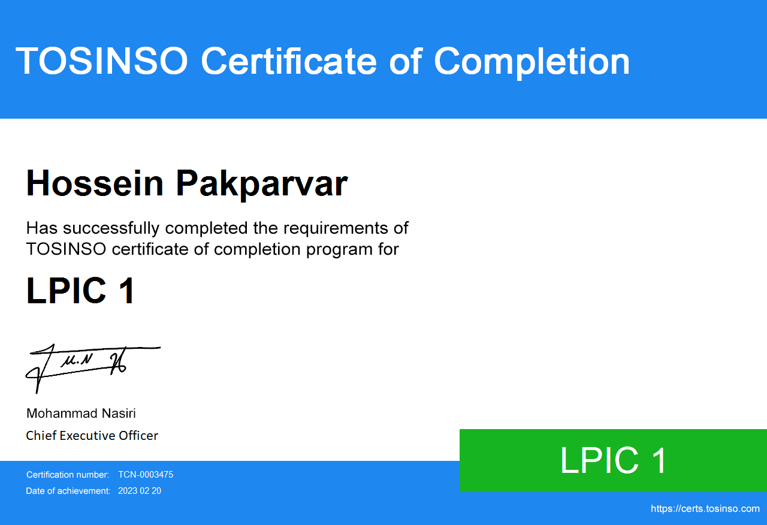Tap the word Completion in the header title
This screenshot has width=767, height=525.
coord(532,63)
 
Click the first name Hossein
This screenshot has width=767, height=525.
coord(95,183)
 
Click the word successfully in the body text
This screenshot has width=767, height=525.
coord(111,228)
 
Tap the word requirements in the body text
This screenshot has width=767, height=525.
coord(336,228)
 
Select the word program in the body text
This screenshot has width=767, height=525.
coord(339,250)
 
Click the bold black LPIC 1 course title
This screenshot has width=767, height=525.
coord(80,291)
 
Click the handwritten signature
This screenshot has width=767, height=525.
coord(92,368)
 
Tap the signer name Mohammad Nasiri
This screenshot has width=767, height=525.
coord(81,414)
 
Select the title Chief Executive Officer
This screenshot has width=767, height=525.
coord(92,436)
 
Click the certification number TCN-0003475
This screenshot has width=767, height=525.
coord(146,475)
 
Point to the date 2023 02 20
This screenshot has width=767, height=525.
coord(140,491)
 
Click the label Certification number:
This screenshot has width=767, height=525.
coord(68,475)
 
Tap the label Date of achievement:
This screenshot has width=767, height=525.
coord(68,491)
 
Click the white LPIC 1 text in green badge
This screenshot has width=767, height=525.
coord(613,461)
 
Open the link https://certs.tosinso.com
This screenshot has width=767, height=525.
coord(705,509)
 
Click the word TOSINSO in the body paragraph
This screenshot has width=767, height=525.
coord(66,249)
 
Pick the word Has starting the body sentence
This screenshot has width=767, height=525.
coord(42,228)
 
